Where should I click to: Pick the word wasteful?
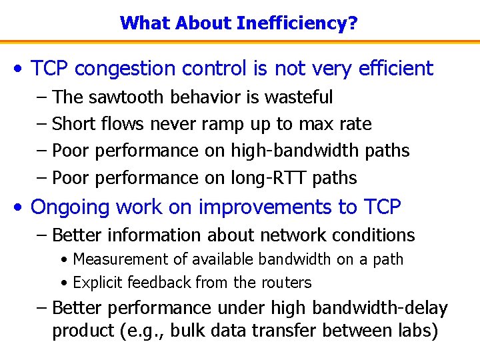(x=299, y=97)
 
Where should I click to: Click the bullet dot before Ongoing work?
(x=22, y=208)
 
